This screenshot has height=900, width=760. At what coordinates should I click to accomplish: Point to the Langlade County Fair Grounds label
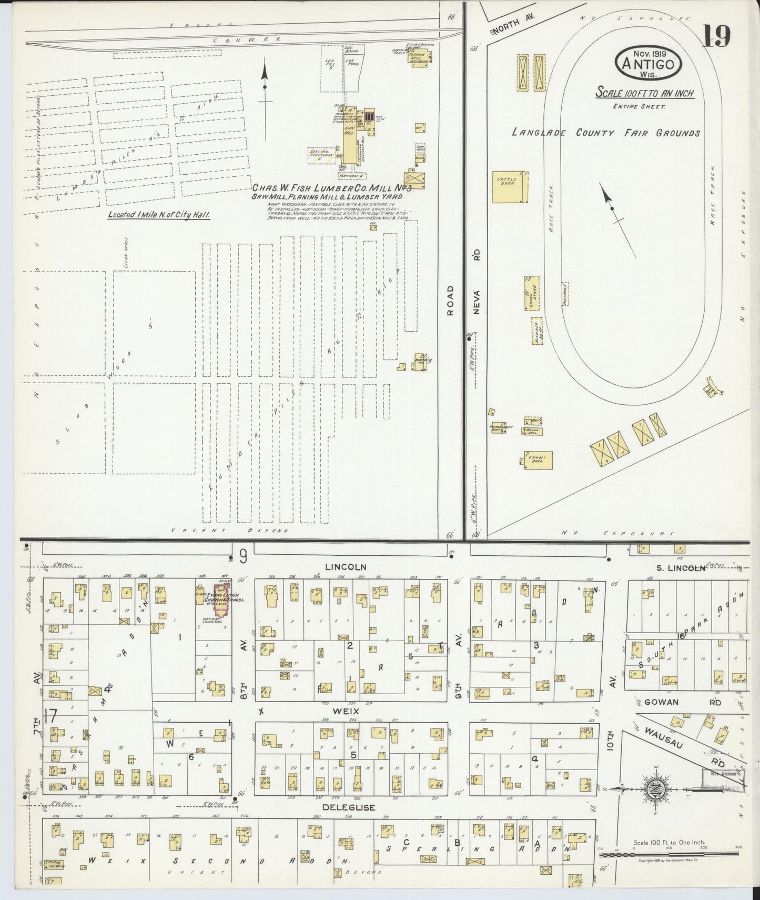pyautogui.click(x=605, y=132)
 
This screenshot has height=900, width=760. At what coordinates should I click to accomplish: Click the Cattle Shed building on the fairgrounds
pyautogui.click(x=509, y=187)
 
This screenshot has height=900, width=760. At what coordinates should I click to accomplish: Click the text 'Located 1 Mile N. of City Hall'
pyautogui.click(x=158, y=215)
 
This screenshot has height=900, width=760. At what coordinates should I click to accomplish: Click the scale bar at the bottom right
pyautogui.click(x=668, y=854)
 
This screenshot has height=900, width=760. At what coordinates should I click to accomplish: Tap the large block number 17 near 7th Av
pyautogui.click(x=50, y=716)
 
